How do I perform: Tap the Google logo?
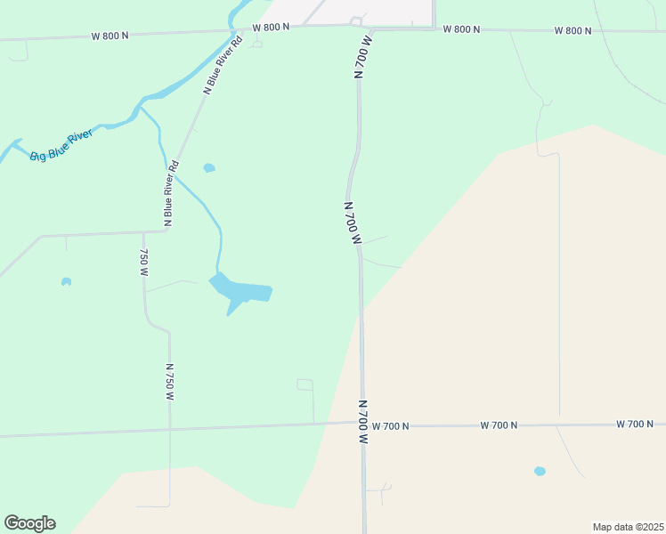pyautogui.click(x=29, y=523)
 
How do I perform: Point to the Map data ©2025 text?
pyautogui.click(x=628, y=526)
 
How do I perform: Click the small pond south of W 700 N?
pyautogui.click(x=540, y=471)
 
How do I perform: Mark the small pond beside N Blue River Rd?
pyautogui.click(x=209, y=167)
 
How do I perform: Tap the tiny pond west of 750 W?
pyautogui.click(x=66, y=282)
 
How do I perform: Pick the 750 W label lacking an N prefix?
pyautogui.click(x=142, y=263)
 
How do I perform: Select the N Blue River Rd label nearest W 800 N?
pyautogui.click(x=223, y=66)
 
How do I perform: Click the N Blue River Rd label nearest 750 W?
pyautogui.click(x=169, y=191)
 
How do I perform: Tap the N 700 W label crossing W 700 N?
pyautogui.click(x=363, y=422)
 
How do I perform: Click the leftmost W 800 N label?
pyautogui.click(x=110, y=36)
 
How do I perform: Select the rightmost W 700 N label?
pyautogui.click(x=635, y=425)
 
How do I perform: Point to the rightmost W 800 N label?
pyautogui.click(x=573, y=30)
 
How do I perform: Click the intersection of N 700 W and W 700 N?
pyautogui.click(x=363, y=425)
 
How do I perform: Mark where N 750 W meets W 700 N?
pyautogui.click(x=170, y=431)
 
